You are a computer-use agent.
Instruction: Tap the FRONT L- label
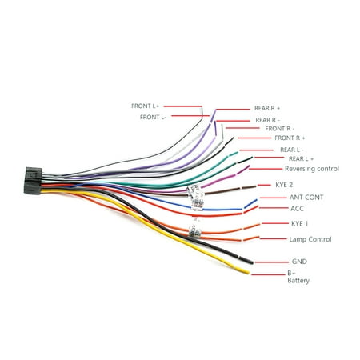point(154,117)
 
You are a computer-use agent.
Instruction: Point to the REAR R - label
point(268,119)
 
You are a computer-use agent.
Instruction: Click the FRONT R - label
point(279,128)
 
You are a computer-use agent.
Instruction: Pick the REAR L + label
point(298,159)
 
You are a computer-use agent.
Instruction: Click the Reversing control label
point(312,169)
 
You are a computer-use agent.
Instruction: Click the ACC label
point(297,208)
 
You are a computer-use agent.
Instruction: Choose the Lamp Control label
point(310,238)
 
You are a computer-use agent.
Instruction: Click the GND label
point(299,261)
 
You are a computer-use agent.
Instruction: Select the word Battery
point(298,281)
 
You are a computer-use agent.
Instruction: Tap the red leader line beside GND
point(274,261)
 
